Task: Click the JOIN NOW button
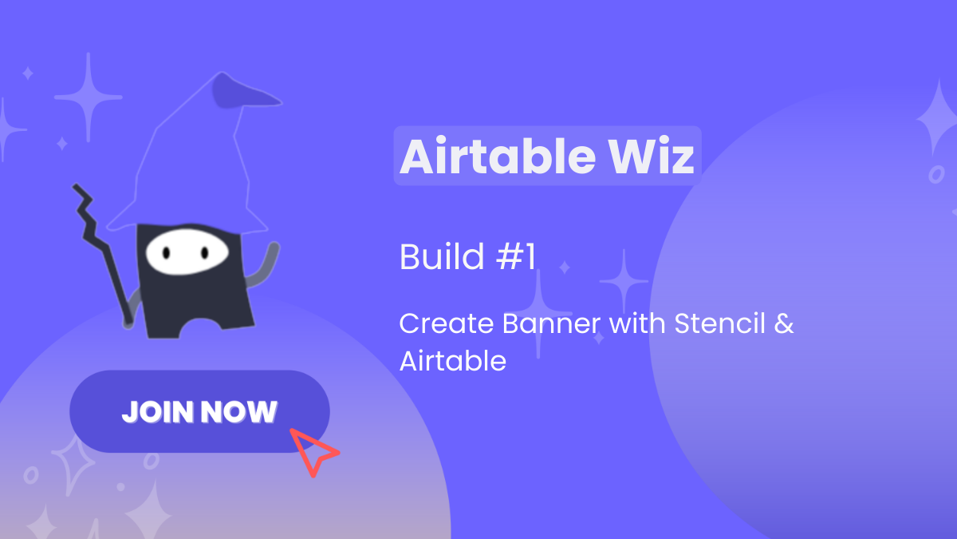tap(199, 411)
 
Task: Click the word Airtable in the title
tap(498, 156)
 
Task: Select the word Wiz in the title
tap(652, 156)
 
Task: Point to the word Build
tap(442, 256)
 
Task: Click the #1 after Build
tap(516, 256)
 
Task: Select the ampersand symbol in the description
tap(784, 323)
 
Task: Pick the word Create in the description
tap(447, 323)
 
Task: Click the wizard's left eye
tap(166, 253)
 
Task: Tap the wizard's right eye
tap(205, 253)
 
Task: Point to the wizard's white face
tap(187, 252)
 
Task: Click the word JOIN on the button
tap(159, 412)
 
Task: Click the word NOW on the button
tap(238, 412)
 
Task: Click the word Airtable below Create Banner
tap(453, 361)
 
